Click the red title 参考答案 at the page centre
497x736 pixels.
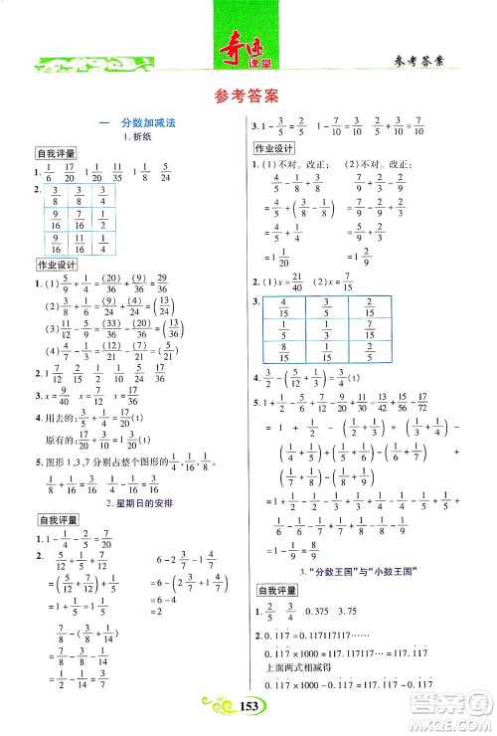248,96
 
